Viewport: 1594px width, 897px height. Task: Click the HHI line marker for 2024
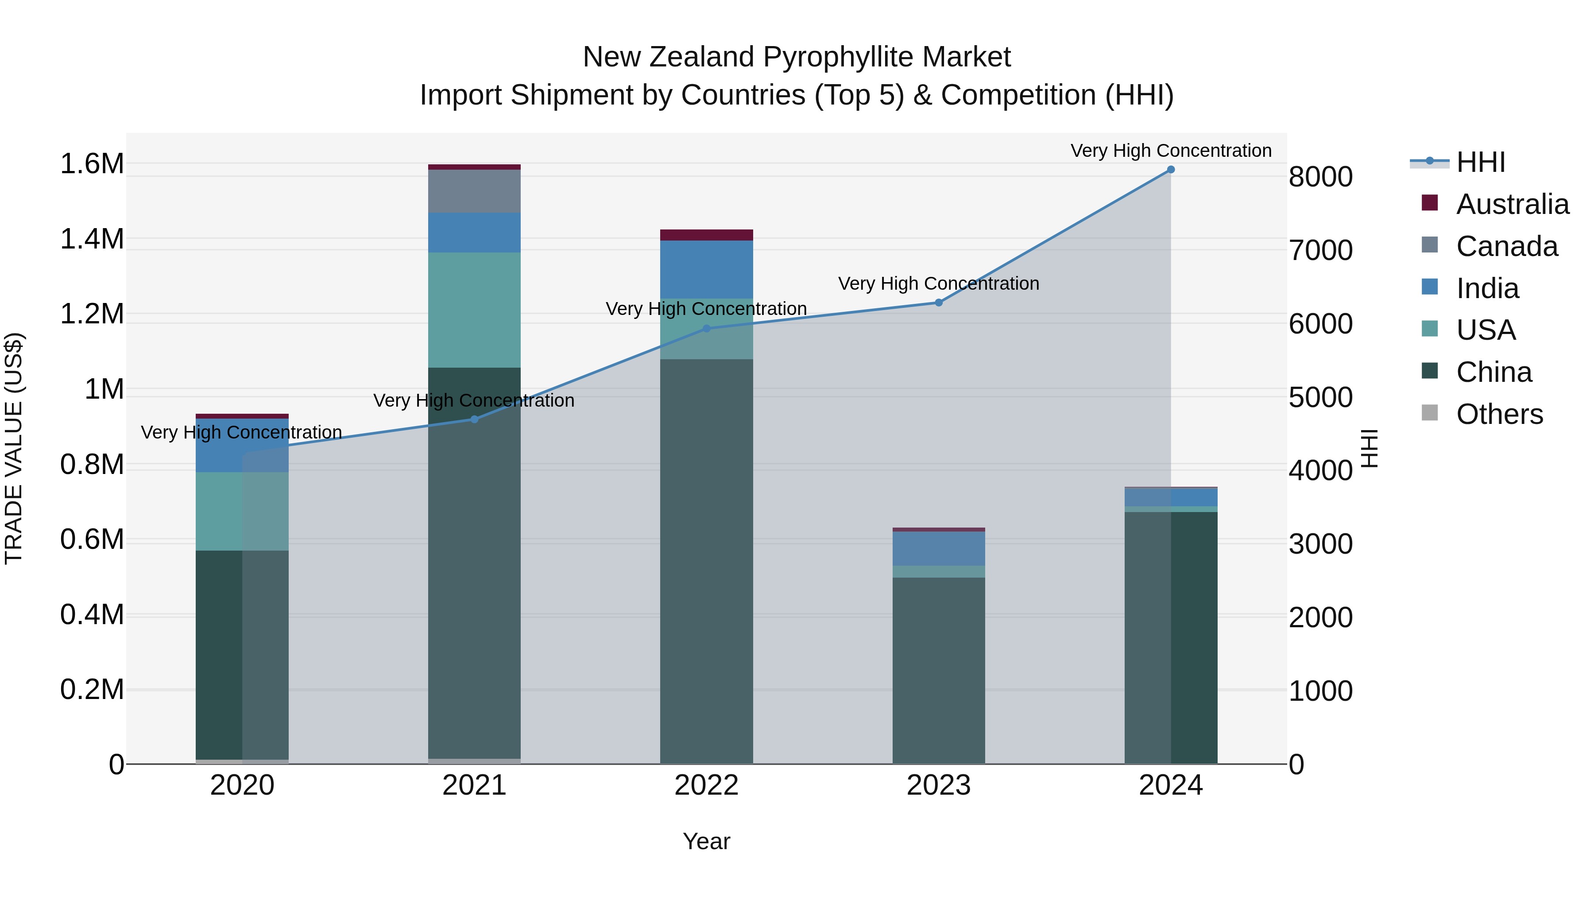1171,170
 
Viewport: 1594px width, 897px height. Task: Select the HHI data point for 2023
939,303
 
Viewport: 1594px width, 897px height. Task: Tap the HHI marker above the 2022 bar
707,329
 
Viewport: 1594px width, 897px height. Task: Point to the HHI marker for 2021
475,419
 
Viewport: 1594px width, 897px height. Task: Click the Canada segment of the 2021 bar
475,191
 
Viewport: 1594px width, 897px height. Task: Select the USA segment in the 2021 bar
475,310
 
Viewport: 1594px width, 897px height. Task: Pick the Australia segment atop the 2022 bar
707,235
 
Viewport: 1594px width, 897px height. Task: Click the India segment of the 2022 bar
707,269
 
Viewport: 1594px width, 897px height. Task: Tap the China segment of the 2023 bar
939,668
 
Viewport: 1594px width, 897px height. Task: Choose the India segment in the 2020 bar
242,446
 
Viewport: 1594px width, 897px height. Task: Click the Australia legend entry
1513,204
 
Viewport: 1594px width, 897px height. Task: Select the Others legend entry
1499,414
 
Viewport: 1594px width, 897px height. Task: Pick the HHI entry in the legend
1480,162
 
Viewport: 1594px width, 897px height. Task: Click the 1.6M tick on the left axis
92,164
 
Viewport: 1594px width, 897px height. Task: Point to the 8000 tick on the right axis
1320,177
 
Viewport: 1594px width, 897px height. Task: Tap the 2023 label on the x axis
939,785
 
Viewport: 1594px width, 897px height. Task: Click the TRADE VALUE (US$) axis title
14,448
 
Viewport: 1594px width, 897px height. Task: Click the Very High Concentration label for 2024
1171,151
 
